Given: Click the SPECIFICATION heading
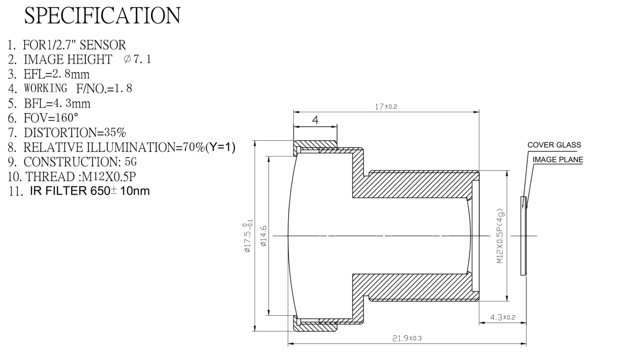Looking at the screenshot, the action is click(102, 16).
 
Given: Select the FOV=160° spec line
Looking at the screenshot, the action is click(51, 118).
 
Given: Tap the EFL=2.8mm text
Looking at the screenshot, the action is click(56, 74).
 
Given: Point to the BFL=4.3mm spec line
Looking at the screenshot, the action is click(57, 103).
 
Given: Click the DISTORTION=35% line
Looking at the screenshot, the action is click(75, 132).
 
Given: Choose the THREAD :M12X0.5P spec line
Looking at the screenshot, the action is click(81, 177).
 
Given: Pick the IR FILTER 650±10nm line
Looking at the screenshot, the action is click(90, 191).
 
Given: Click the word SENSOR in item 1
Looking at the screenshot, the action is click(103, 45).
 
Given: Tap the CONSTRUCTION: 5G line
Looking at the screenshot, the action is click(80, 162).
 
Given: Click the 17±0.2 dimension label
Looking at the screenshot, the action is click(386, 107).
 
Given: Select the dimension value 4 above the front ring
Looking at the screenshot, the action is click(315, 120).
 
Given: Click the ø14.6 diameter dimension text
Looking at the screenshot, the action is click(263, 236).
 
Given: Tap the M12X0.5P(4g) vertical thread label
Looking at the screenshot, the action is click(500, 236).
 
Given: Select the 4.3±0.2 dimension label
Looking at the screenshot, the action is click(503, 317).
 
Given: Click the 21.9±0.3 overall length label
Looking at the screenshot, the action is click(407, 338).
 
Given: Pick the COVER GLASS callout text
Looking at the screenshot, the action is click(554, 145).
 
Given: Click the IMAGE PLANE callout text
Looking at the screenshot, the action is click(558, 160).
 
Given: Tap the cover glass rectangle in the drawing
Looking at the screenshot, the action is click(523, 236).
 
